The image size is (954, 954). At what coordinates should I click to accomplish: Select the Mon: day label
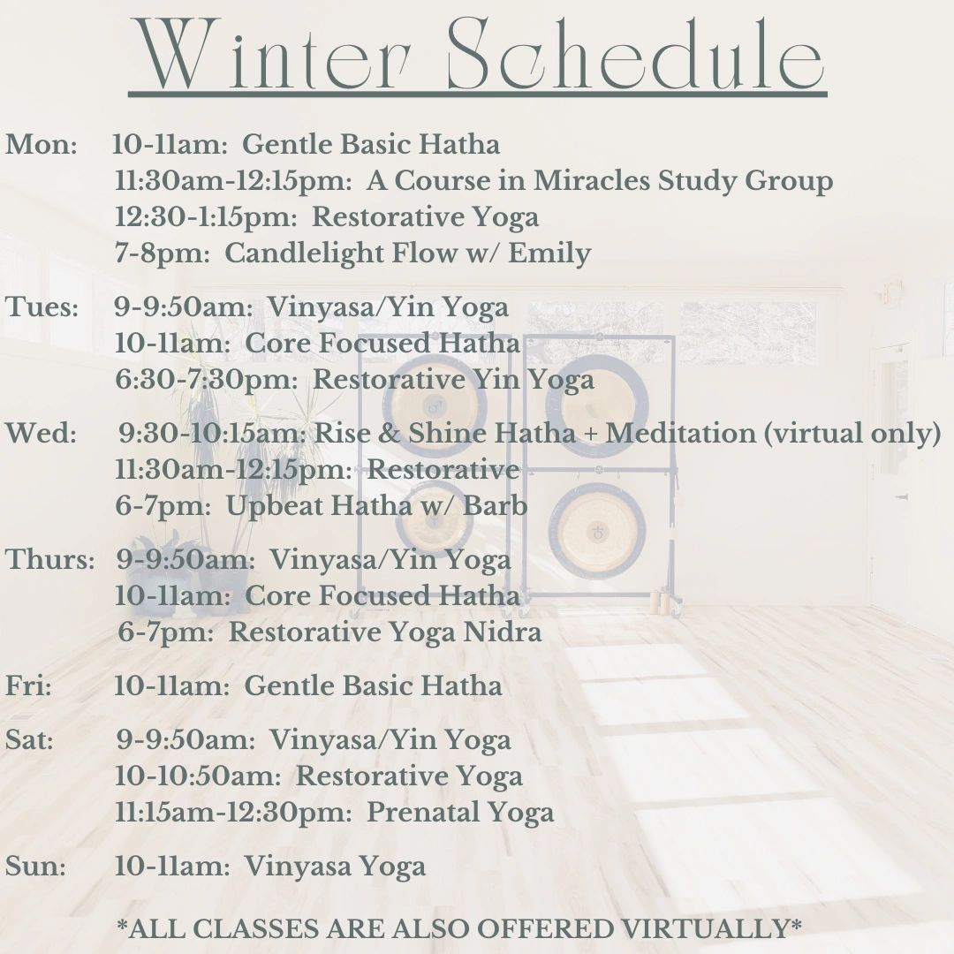tap(41, 145)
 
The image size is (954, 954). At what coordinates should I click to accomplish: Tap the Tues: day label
tap(42, 307)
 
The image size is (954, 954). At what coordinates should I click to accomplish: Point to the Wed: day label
tap(41, 434)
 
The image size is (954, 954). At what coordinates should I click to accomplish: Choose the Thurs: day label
tap(49, 560)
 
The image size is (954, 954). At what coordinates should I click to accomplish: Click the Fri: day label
tap(28, 686)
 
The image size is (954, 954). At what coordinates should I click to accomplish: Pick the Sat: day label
tap(29, 740)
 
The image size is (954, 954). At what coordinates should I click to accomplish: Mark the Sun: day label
tap(35, 867)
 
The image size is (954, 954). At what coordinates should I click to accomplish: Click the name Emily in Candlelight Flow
tap(550, 254)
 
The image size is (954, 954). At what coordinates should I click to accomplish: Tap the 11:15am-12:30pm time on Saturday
tap(233, 813)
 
